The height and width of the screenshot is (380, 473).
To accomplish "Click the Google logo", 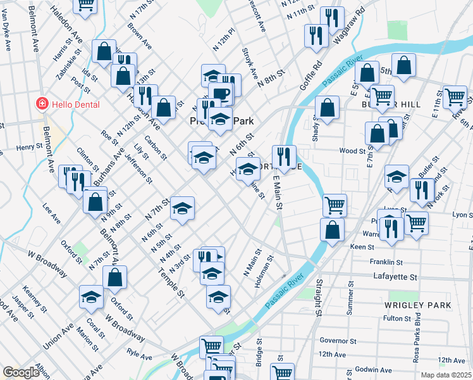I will (x=21, y=372).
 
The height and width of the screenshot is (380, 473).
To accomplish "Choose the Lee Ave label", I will (x=51, y=213).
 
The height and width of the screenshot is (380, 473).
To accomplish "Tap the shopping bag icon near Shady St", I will (x=327, y=108).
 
